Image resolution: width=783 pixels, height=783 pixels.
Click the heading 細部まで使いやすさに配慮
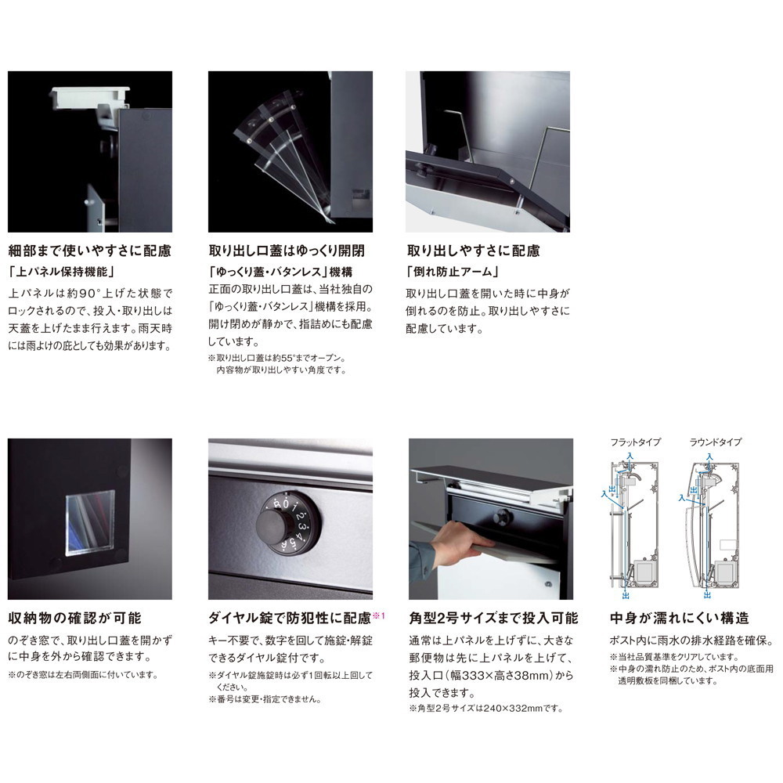click(x=90, y=251)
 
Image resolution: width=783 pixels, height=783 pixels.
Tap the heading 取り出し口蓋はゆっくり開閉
click(x=287, y=251)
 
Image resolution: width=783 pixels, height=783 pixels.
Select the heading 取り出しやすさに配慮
click(x=473, y=251)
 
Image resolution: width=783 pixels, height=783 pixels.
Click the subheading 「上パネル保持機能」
click(x=61, y=272)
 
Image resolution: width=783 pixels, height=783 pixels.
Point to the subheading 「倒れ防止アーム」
click(x=453, y=272)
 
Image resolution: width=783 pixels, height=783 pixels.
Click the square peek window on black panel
click(x=90, y=523)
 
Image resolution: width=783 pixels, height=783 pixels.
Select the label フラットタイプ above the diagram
click(x=635, y=442)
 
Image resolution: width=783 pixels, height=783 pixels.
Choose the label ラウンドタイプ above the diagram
click(x=716, y=442)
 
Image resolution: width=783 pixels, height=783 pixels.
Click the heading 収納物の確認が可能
click(x=75, y=619)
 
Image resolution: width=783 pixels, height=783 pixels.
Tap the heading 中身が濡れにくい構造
click(x=680, y=619)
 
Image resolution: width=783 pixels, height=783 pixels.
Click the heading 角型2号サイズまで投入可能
click(x=493, y=619)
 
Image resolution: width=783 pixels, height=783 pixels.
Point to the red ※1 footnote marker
click(x=379, y=615)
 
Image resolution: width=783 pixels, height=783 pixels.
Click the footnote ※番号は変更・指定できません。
click(x=265, y=699)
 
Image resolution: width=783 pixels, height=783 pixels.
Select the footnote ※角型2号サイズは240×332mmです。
click(x=486, y=708)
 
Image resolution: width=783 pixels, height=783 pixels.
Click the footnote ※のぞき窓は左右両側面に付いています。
click(x=84, y=675)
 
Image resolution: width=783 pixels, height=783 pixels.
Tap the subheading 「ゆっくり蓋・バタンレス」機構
click(x=280, y=272)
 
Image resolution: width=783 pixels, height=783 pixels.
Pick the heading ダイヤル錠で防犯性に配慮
click(x=290, y=619)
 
